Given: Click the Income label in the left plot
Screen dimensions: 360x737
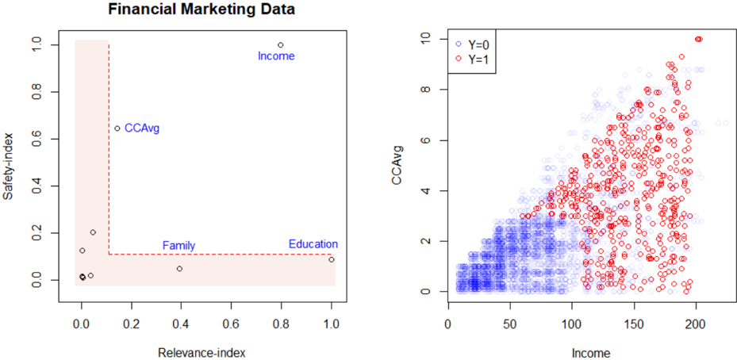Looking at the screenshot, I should point(276,56).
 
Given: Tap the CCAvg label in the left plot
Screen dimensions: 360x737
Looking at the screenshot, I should point(142,128).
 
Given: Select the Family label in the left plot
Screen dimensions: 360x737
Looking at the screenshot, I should point(178,246).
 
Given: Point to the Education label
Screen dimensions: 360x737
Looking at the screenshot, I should point(313,244).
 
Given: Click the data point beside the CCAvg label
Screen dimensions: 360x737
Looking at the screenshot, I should point(117,128).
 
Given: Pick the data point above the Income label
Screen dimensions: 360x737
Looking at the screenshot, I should point(281,45).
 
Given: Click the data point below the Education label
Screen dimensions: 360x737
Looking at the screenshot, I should point(331,259).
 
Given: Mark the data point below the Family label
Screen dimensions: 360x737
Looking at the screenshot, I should point(179,269).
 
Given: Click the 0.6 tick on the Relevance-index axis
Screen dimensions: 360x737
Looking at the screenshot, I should point(231,324).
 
